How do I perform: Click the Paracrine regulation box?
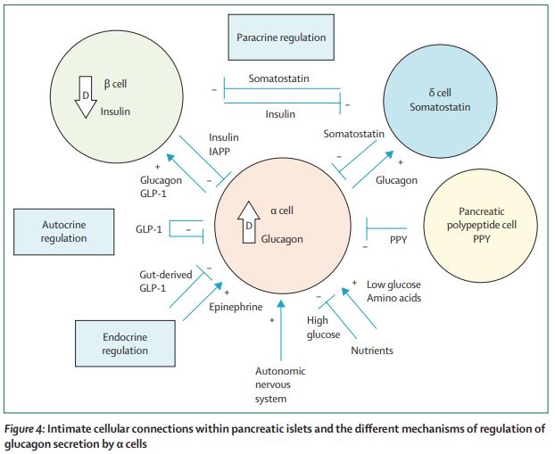[x=281, y=38]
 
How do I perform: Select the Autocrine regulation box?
[x=63, y=230]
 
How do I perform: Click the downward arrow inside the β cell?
[x=87, y=101]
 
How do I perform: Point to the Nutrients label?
[x=371, y=351]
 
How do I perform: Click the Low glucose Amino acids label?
[x=394, y=291]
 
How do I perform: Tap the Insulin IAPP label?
[x=223, y=144]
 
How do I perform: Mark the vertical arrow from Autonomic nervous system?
[x=281, y=330]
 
